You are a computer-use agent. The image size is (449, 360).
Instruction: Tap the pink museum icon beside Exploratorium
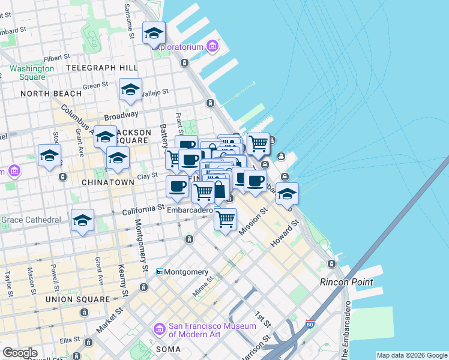coord(212,46)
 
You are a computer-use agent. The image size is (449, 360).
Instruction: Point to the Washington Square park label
coord(31,73)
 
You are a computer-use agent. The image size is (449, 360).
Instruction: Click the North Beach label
coord(51,94)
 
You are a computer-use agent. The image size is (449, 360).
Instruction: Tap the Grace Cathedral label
coord(31,220)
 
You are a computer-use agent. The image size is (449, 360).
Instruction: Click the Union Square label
coord(84,299)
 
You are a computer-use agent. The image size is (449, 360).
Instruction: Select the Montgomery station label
coord(186,272)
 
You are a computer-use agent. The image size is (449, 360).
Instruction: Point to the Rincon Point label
coord(346,282)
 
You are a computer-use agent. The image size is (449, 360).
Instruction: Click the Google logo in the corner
coord(20,353)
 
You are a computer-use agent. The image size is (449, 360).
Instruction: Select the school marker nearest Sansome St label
coord(154,34)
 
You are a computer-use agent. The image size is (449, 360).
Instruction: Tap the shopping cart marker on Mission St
coord(225,220)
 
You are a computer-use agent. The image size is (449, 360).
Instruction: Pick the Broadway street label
coord(122,114)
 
